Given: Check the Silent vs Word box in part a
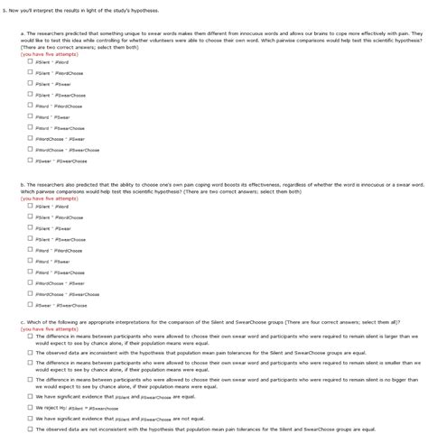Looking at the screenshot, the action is [31, 61].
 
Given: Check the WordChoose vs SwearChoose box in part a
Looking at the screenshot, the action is [31, 150].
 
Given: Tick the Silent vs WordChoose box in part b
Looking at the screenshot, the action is [31, 217].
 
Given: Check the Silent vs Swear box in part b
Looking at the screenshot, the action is [31, 228].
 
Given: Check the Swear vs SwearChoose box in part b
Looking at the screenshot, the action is [31, 305].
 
